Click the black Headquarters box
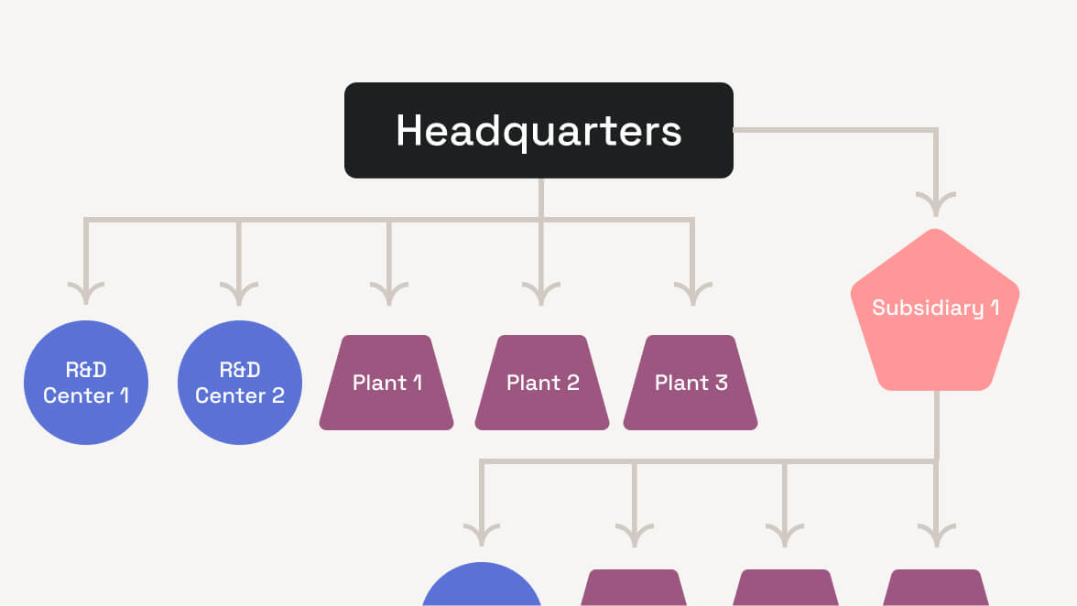click(x=538, y=130)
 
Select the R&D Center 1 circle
click(x=85, y=383)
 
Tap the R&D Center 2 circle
click(x=239, y=383)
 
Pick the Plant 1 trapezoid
click(x=386, y=383)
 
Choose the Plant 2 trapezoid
click(x=542, y=383)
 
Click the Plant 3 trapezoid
click(x=691, y=383)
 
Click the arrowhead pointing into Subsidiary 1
click(x=935, y=203)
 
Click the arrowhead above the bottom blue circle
click(x=482, y=535)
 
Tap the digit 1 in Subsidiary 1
click(x=994, y=308)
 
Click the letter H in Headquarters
click(x=408, y=131)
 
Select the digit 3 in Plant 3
click(x=721, y=383)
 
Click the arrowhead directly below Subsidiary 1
click(x=935, y=535)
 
